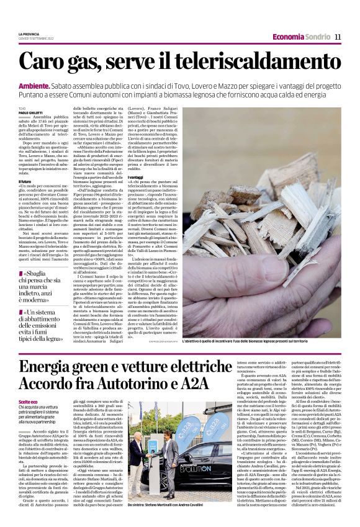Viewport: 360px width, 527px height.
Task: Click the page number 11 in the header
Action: pyautogui.click(x=338, y=37)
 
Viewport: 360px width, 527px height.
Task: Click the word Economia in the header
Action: pyautogui.click(x=289, y=37)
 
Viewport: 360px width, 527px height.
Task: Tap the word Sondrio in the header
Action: pyautogui.click(x=318, y=37)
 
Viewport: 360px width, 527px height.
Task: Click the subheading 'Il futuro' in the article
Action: pyautogui.click(x=25, y=182)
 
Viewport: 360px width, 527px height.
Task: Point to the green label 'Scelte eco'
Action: pyautogui.click(x=27, y=403)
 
